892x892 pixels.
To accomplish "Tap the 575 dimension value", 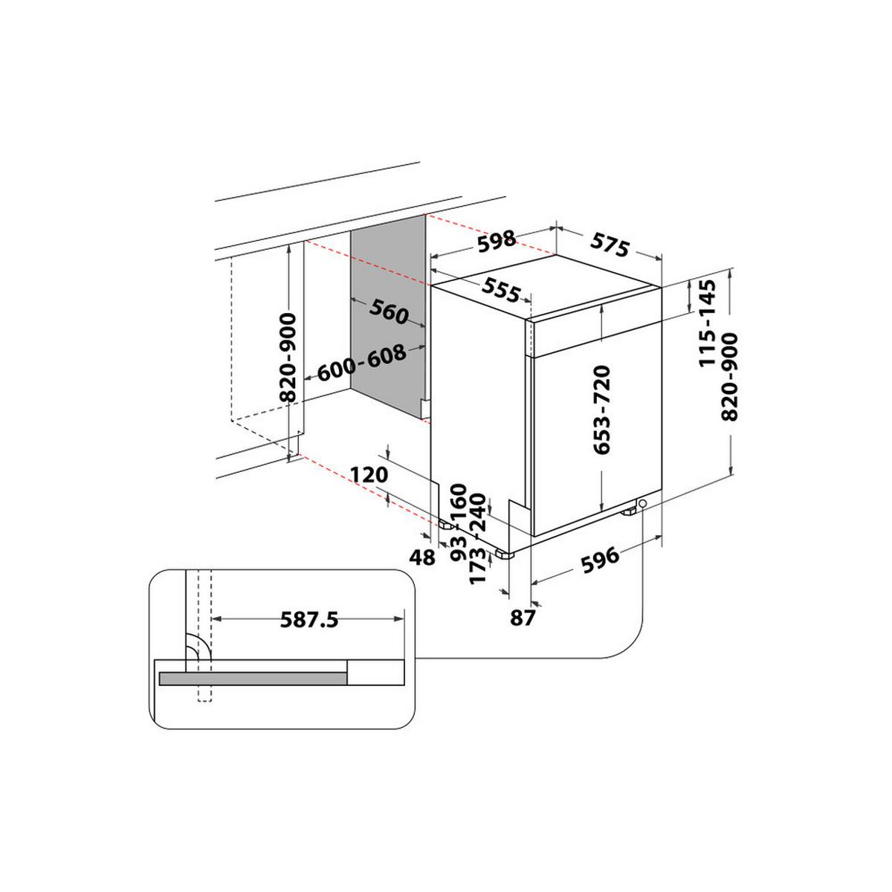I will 610,245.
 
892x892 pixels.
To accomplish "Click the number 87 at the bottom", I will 523,617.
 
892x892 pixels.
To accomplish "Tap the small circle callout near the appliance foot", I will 641,504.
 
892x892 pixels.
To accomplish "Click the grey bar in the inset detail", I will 253,678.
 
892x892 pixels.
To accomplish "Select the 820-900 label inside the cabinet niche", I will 288,357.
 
